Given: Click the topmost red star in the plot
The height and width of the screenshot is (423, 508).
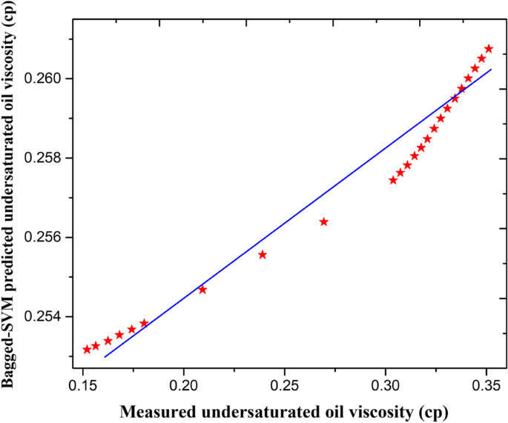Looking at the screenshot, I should (x=488, y=49).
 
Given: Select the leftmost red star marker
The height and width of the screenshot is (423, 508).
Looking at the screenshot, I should (x=87, y=349).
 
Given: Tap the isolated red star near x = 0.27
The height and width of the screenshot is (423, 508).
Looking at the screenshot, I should (x=323, y=222).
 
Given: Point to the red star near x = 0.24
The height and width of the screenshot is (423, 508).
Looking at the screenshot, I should (x=263, y=254).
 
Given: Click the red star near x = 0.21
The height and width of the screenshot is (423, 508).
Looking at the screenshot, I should (x=202, y=289).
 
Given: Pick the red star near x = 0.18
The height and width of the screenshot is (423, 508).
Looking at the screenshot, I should (x=144, y=323).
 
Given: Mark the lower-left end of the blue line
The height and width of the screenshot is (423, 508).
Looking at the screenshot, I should (x=105, y=357).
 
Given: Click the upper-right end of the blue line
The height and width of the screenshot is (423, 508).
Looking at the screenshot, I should (x=491, y=70).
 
